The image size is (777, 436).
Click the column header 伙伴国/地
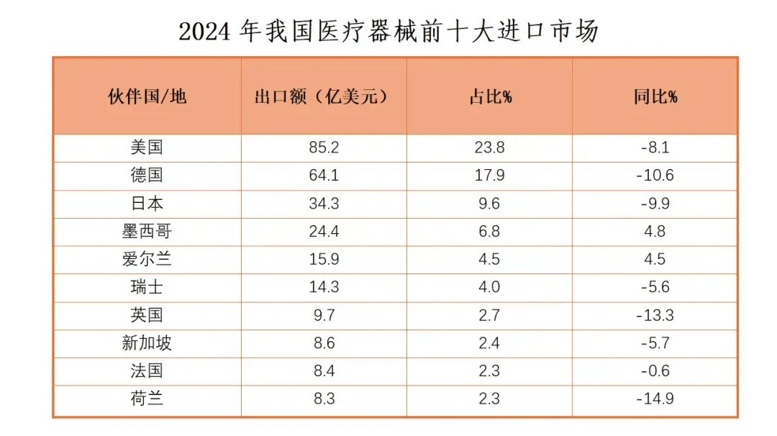point(147,96)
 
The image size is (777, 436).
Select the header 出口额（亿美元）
point(324,96)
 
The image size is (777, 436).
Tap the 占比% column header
point(489,96)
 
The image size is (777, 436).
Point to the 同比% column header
point(655,96)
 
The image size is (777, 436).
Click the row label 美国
point(147,147)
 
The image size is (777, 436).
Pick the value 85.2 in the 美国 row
point(324,147)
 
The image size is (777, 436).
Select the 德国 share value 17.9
point(489,176)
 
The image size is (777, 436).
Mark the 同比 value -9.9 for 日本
point(655,204)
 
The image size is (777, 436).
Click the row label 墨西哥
point(147,232)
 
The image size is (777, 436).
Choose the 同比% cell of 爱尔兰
point(655,260)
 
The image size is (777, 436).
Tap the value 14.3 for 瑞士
point(324,287)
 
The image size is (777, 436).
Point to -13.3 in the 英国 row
point(655,315)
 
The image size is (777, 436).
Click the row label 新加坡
point(147,343)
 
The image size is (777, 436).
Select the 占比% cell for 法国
point(489,371)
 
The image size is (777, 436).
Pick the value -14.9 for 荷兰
point(655,399)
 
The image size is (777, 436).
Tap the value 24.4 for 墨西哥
point(324,232)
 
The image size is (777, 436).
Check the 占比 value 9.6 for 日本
point(489,204)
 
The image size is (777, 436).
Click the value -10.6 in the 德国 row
point(655,176)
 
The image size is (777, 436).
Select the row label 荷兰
point(147,399)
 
